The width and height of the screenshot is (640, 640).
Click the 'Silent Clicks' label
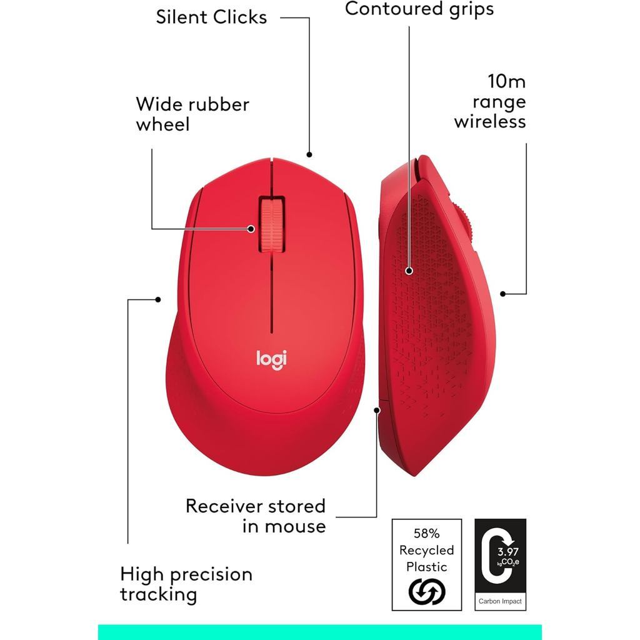click(211, 17)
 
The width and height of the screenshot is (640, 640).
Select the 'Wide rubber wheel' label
click(192, 114)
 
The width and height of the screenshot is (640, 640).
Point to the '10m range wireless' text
click(490, 101)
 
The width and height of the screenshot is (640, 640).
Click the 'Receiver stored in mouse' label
click(256, 516)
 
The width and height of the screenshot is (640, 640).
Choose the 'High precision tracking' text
click(186, 584)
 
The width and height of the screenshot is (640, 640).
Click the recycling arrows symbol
click(426, 591)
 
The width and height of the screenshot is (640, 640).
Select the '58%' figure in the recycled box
click(427, 534)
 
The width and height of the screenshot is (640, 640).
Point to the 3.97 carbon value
click(507, 552)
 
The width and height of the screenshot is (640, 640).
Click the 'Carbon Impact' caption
click(500, 602)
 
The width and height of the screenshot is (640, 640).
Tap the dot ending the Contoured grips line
click(409, 271)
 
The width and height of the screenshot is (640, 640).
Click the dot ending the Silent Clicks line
click(309, 154)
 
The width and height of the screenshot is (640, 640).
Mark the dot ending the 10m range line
click(503, 293)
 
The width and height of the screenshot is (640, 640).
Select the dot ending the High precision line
click(158, 299)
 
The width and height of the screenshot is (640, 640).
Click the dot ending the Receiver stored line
click(377, 410)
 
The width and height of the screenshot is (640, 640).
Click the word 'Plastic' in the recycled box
click(427, 567)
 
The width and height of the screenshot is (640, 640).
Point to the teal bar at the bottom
click(319, 631)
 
